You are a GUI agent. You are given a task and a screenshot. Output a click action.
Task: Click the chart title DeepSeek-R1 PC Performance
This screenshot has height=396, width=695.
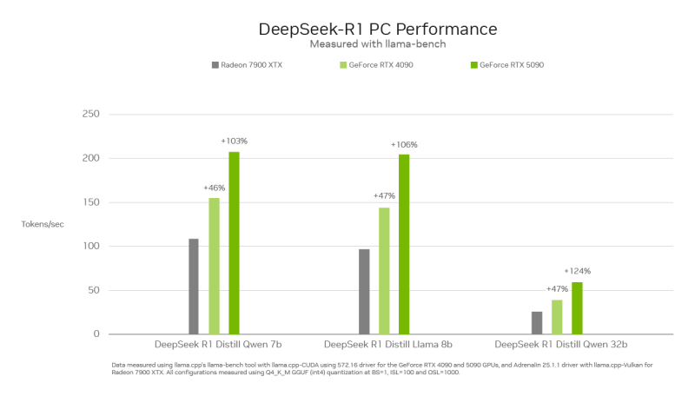click(x=378, y=29)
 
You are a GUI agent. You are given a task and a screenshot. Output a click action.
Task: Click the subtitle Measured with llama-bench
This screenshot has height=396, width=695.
click(x=378, y=44)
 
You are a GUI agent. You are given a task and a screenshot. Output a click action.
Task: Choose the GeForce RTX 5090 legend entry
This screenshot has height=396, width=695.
click(x=512, y=65)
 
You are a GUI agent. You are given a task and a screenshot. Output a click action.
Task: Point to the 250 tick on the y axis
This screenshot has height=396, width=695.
click(x=90, y=115)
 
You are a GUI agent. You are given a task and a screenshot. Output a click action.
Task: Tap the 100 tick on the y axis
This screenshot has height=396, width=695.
click(x=90, y=247)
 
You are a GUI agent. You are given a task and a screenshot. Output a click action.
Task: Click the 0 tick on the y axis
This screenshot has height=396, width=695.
click(x=96, y=334)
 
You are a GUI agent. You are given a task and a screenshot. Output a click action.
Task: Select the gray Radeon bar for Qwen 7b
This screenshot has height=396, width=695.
click(x=194, y=287)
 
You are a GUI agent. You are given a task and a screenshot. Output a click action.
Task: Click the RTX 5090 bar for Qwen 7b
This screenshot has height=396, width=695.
click(x=234, y=243)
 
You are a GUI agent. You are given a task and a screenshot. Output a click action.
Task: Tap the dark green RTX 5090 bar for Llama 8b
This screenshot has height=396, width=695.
click(x=404, y=244)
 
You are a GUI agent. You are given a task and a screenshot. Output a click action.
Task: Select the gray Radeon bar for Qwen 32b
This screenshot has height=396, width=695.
click(x=537, y=323)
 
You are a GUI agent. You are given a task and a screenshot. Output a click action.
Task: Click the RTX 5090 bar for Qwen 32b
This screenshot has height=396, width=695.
click(x=577, y=308)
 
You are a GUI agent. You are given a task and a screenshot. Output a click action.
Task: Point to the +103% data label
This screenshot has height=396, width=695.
click(x=235, y=141)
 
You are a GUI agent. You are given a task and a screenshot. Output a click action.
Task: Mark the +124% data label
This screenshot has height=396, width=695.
click(x=578, y=271)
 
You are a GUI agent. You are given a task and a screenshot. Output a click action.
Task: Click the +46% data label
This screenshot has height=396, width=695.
click(x=214, y=188)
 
